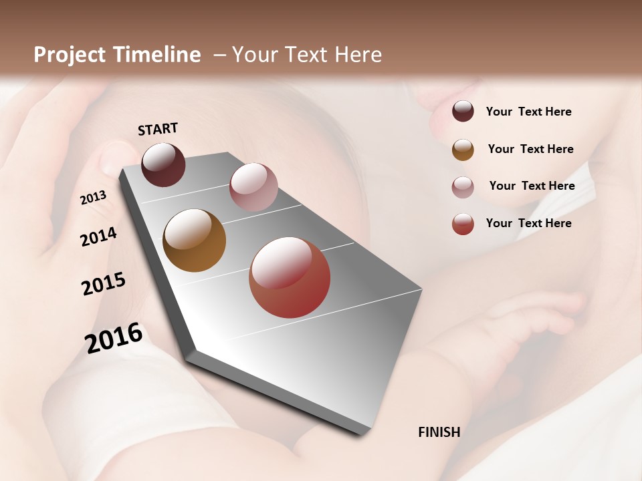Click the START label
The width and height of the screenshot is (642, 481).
158,129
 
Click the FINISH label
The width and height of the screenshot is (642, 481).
439,432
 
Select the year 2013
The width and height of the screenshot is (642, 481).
94,198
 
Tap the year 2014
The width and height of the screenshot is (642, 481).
98,236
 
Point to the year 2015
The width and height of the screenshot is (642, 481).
104,284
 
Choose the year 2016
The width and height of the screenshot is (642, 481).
114,338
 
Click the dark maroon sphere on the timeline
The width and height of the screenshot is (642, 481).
163,164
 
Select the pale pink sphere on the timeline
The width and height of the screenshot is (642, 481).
253,186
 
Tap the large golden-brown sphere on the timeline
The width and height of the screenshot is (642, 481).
194,240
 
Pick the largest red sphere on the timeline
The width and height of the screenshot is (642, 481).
290,277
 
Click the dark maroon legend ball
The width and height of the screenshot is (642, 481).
463,112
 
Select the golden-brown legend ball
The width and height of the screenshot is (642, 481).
463,150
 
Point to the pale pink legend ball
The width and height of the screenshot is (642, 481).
463,187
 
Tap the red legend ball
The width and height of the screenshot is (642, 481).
463,224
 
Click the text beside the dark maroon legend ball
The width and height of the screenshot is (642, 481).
528,112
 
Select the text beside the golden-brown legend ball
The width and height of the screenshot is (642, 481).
530,149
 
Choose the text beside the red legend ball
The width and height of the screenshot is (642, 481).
528,223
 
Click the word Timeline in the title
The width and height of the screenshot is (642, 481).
156,55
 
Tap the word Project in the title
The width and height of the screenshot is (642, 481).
69,55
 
